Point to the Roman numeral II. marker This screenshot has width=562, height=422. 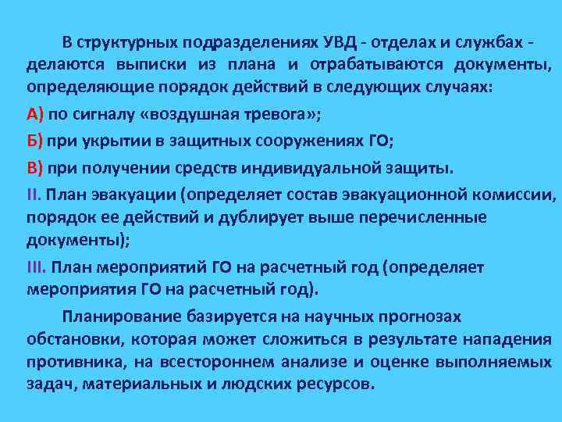pyautogui.click(x=35, y=194)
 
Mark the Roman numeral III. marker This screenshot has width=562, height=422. pyautogui.click(x=37, y=267)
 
